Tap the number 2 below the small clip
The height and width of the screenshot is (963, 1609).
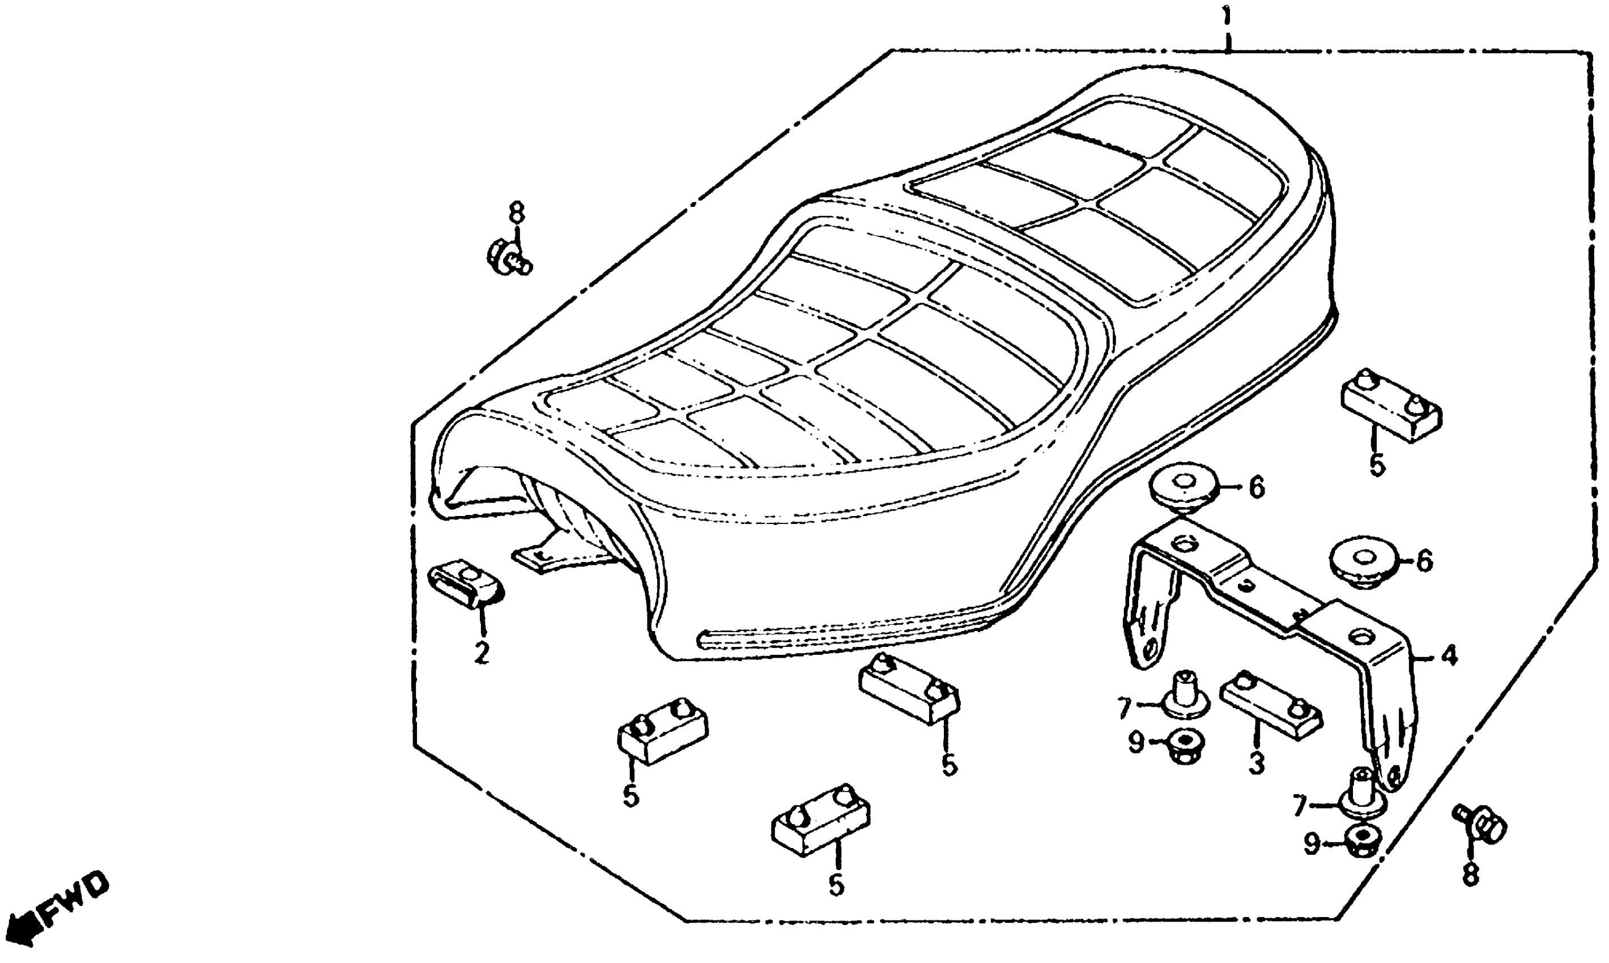point(481,653)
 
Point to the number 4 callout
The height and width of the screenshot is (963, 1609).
point(1449,656)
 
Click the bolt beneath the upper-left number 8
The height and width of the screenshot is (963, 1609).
point(508,258)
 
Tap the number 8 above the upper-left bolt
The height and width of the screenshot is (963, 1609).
point(516,213)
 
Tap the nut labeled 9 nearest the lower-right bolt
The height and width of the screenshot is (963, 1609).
point(1363,840)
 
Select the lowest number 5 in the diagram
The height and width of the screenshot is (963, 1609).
point(837,886)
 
